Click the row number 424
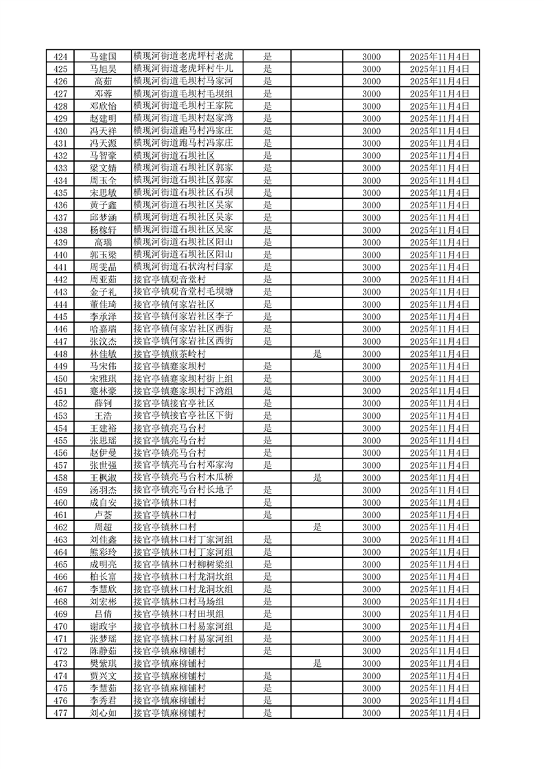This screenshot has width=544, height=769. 60,56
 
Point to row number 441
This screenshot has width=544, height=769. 60,267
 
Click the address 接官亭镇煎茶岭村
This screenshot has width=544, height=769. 169,354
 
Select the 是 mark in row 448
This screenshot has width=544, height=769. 317,354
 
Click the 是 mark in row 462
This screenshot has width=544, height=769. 317,527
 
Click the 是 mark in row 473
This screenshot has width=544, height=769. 317,663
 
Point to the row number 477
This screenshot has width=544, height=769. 60,713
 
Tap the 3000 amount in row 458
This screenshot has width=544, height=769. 371,478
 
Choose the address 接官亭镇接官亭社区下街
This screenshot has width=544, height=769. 183,415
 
